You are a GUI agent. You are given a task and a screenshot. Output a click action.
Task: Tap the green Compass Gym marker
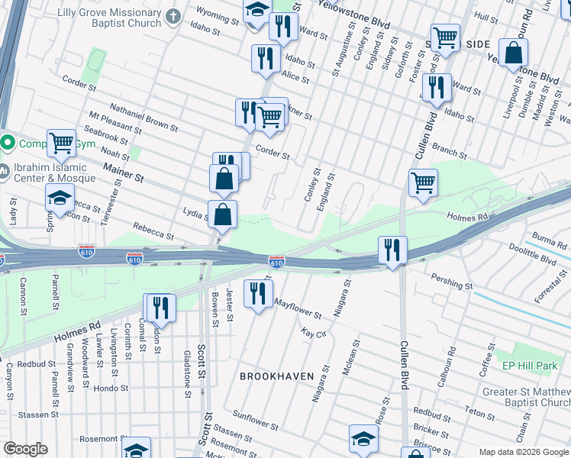point(8,143)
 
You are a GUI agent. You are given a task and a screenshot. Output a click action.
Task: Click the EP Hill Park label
point(530,366)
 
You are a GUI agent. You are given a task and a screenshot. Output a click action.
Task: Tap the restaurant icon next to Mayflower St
point(258,292)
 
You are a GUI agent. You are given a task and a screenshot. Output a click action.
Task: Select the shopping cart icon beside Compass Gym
point(60,142)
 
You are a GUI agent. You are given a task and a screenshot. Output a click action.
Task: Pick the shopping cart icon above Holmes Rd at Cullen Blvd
point(423,182)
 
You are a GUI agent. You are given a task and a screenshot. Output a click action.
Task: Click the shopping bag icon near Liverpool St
point(515,53)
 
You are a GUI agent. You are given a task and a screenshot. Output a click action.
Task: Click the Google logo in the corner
point(26,449)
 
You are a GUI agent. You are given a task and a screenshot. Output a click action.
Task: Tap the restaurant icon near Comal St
point(159,308)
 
